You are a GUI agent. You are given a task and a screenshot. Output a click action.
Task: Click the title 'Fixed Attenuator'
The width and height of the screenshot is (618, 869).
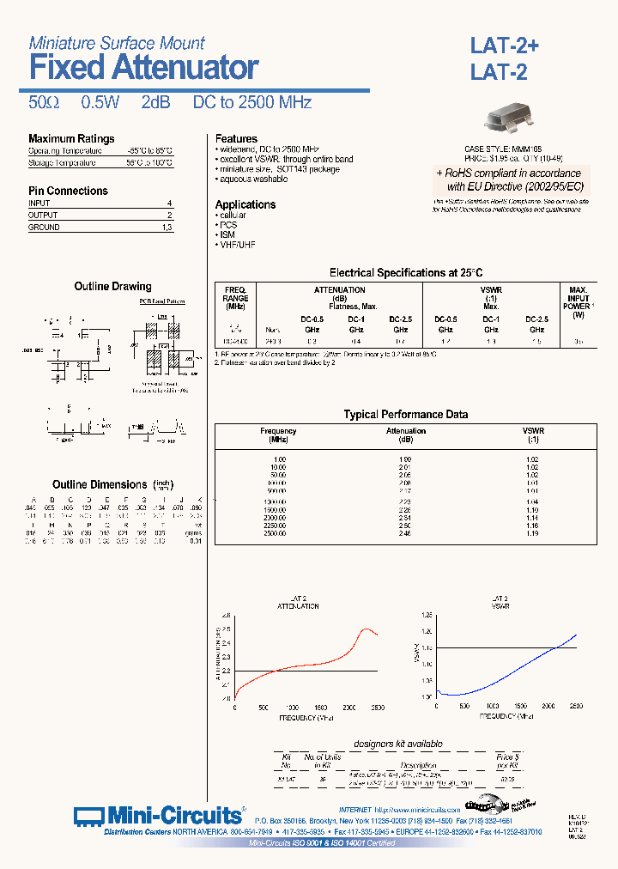[x=143, y=67]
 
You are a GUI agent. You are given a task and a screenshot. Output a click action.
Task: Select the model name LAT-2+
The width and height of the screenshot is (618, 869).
[x=504, y=46]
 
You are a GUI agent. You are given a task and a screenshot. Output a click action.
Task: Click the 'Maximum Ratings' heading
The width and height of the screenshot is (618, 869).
[x=71, y=139]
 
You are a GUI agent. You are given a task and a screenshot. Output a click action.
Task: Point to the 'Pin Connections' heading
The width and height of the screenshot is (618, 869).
[x=68, y=191]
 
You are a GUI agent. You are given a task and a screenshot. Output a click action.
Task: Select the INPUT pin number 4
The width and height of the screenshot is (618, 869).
[x=169, y=204]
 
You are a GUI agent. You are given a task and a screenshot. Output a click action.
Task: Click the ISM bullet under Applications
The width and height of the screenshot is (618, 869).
[x=227, y=234]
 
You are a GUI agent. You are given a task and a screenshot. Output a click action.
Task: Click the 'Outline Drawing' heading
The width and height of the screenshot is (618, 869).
[x=112, y=287]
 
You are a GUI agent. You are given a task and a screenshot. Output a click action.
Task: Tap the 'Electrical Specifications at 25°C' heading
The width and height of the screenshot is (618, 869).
[x=401, y=273]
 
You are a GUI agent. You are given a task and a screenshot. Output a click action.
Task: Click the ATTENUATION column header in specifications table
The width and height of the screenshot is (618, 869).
[x=340, y=290]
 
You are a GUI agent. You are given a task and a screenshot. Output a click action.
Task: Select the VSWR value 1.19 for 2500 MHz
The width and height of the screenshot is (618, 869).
[x=533, y=533]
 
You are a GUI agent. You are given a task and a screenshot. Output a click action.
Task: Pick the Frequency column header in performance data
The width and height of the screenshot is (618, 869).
[x=278, y=431]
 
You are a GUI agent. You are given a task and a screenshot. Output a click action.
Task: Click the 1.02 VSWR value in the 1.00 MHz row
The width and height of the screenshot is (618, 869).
[x=533, y=459]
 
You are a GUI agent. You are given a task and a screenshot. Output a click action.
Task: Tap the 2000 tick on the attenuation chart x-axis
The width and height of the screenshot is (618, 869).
[x=348, y=707]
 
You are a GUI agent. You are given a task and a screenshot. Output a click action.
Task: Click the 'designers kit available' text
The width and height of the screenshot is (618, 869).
[x=398, y=744]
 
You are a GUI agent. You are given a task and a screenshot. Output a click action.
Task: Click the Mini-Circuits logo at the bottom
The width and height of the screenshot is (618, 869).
[x=158, y=815]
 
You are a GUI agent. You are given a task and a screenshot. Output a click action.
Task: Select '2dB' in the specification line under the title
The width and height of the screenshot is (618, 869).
[x=155, y=102]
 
